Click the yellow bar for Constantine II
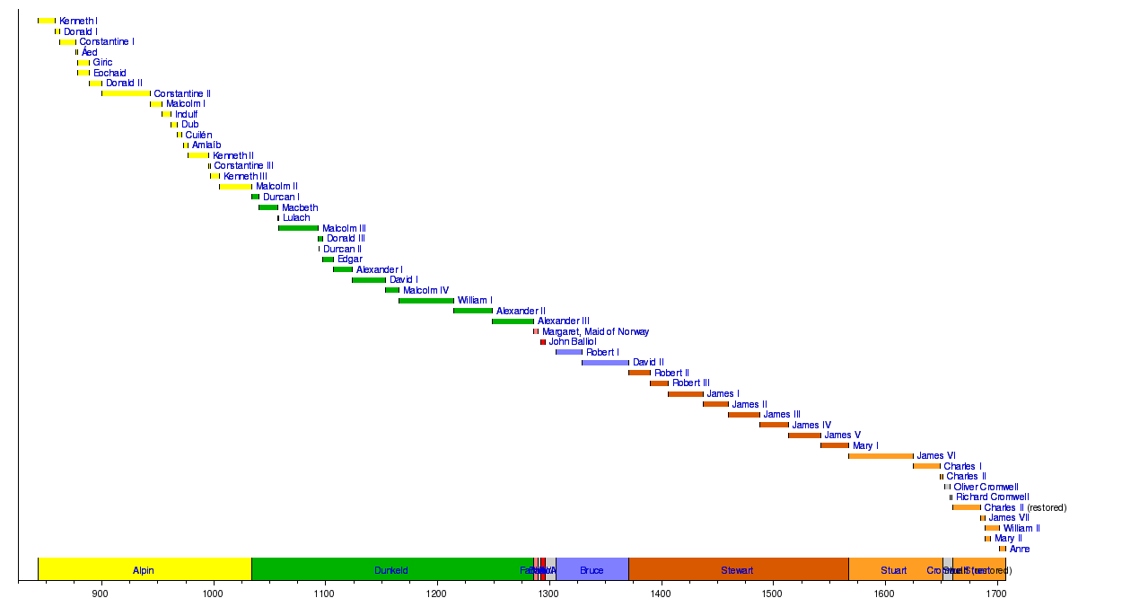(x=126, y=93)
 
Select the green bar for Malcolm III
(x=298, y=228)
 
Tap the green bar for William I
(x=426, y=301)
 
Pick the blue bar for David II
(x=605, y=363)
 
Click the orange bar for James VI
(x=881, y=456)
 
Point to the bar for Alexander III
(x=513, y=321)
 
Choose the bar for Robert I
(x=569, y=352)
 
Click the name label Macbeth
(x=300, y=207)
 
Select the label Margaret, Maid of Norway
(x=595, y=331)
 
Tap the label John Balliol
(x=572, y=342)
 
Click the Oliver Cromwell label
(x=986, y=487)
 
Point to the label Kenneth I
(x=78, y=21)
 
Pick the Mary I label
(x=865, y=445)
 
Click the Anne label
(x=1020, y=549)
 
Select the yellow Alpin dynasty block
(x=144, y=569)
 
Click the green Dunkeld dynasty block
(x=391, y=569)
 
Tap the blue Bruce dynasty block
(x=592, y=569)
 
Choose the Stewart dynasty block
(x=738, y=569)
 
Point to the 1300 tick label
(x=548, y=594)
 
